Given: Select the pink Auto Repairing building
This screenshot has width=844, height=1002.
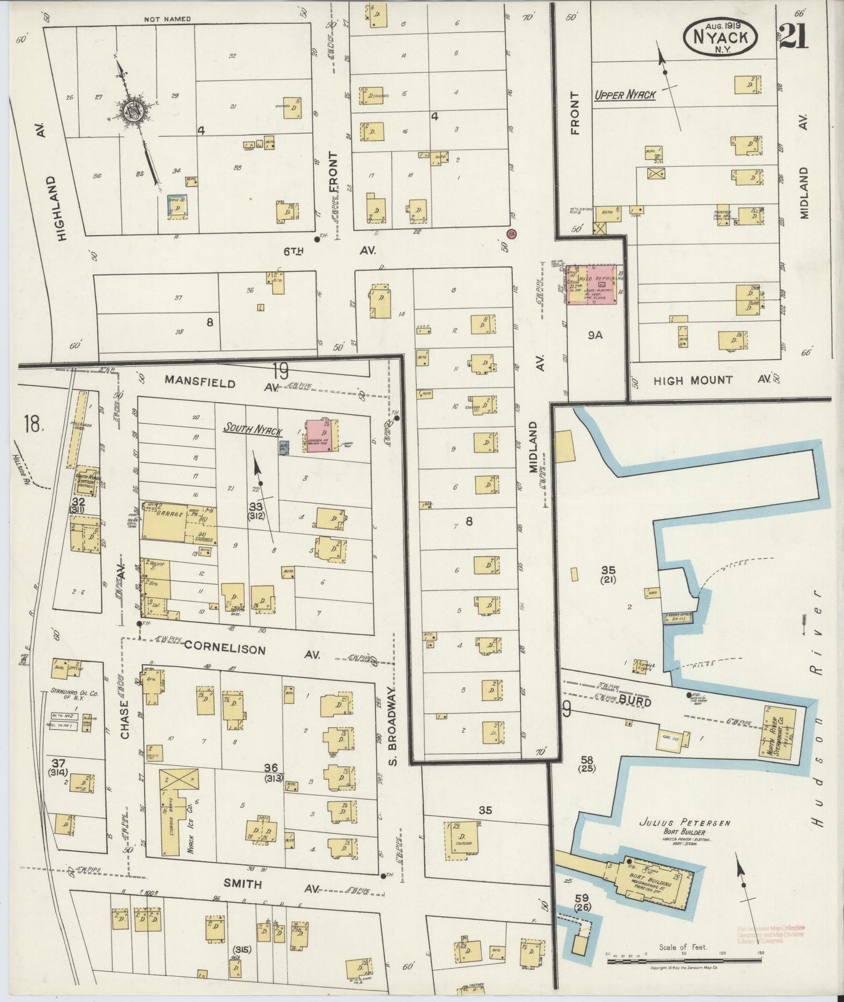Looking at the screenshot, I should tap(591, 285).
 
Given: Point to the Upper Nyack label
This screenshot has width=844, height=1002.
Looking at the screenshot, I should tap(624, 95).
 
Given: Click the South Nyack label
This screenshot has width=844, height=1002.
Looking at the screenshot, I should tap(252, 430).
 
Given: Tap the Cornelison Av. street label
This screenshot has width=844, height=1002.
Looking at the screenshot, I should tap(225, 649).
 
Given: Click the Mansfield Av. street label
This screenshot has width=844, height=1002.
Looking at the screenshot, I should tap(200, 382).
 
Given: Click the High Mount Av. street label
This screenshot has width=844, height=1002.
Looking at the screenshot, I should tap(693, 381).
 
